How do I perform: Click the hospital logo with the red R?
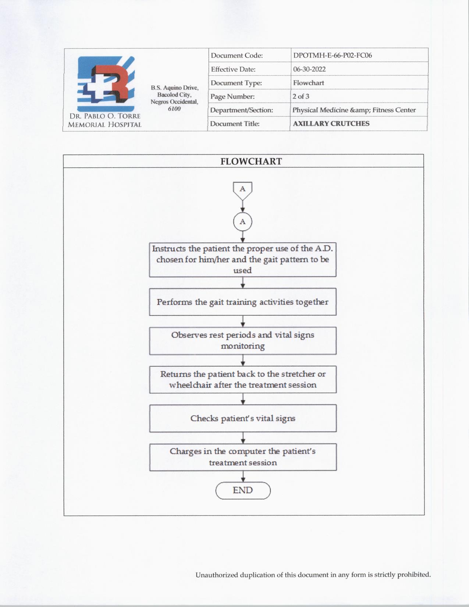106,84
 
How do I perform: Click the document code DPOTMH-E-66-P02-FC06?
332,56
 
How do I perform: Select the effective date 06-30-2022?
309,69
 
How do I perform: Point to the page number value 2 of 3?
301,96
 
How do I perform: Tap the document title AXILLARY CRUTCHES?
331,124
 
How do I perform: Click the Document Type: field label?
236,83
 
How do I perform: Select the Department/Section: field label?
241,110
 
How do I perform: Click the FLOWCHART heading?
251,161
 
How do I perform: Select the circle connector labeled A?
242,222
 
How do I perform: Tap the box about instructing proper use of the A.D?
242,259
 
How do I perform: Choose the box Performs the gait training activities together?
242,302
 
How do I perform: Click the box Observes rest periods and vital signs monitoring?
242,341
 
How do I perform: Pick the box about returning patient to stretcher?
242,379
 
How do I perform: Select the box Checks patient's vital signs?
242,418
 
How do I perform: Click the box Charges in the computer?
242,457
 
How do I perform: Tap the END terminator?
243,490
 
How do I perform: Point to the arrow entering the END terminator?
243,477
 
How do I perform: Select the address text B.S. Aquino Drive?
174,88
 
